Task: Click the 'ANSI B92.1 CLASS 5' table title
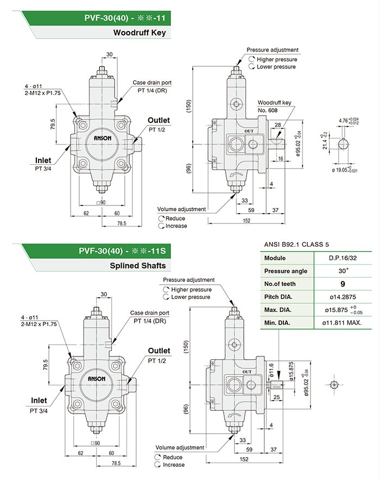[x=296, y=244]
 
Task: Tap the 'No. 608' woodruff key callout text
[x=267, y=110]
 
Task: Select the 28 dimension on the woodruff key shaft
[x=278, y=126]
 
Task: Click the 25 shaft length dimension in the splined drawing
[x=277, y=397]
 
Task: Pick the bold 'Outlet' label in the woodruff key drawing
[x=159, y=120]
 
